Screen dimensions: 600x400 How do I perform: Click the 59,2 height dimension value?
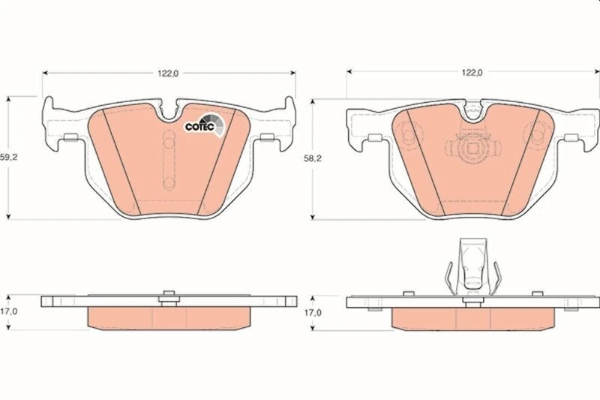click(x=8, y=158)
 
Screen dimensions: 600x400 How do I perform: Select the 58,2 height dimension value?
click(x=313, y=158)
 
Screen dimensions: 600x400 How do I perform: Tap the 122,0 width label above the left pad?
click(x=168, y=74)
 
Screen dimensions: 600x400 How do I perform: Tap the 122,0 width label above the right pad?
click(x=472, y=73)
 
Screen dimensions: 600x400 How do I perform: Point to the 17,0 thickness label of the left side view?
click(x=8, y=311)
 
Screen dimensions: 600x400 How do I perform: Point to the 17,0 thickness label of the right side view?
click(x=313, y=313)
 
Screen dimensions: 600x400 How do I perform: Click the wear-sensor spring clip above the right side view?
click(x=473, y=267)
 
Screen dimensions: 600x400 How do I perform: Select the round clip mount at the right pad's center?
click(x=473, y=148)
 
